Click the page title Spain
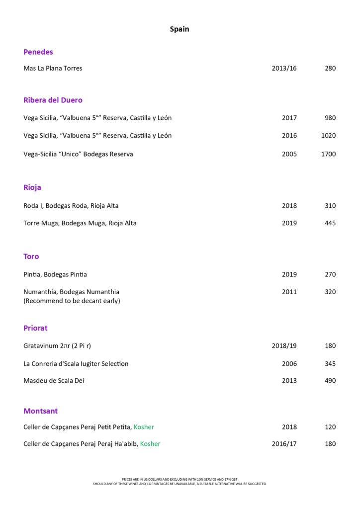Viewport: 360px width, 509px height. [x=180, y=29]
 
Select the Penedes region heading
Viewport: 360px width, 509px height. [x=38, y=52]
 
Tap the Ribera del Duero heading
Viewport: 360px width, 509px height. [x=53, y=100]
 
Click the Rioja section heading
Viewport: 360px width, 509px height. [x=32, y=187]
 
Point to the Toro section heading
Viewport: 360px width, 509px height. [x=31, y=256]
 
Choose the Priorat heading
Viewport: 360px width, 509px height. [x=35, y=328]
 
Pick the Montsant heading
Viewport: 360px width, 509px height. [x=40, y=411]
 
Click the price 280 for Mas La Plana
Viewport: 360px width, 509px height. [x=330, y=68]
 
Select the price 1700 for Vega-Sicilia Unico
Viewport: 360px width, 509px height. [x=328, y=154]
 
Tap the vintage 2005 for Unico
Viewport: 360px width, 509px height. [x=289, y=154]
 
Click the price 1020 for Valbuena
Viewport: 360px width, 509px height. [x=328, y=136]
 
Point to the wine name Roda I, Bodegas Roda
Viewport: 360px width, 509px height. [x=71, y=206]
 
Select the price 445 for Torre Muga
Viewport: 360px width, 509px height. [x=330, y=223]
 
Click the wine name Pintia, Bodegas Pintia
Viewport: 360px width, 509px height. [x=55, y=274]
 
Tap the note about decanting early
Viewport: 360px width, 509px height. [x=72, y=301]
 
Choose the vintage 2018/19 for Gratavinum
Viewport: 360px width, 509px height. [x=284, y=346]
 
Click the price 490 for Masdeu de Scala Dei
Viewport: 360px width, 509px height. [x=330, y=381]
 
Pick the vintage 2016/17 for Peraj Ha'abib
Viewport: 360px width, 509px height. [x=284, y=444]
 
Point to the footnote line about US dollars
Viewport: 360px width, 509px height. [x=180, y=479]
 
